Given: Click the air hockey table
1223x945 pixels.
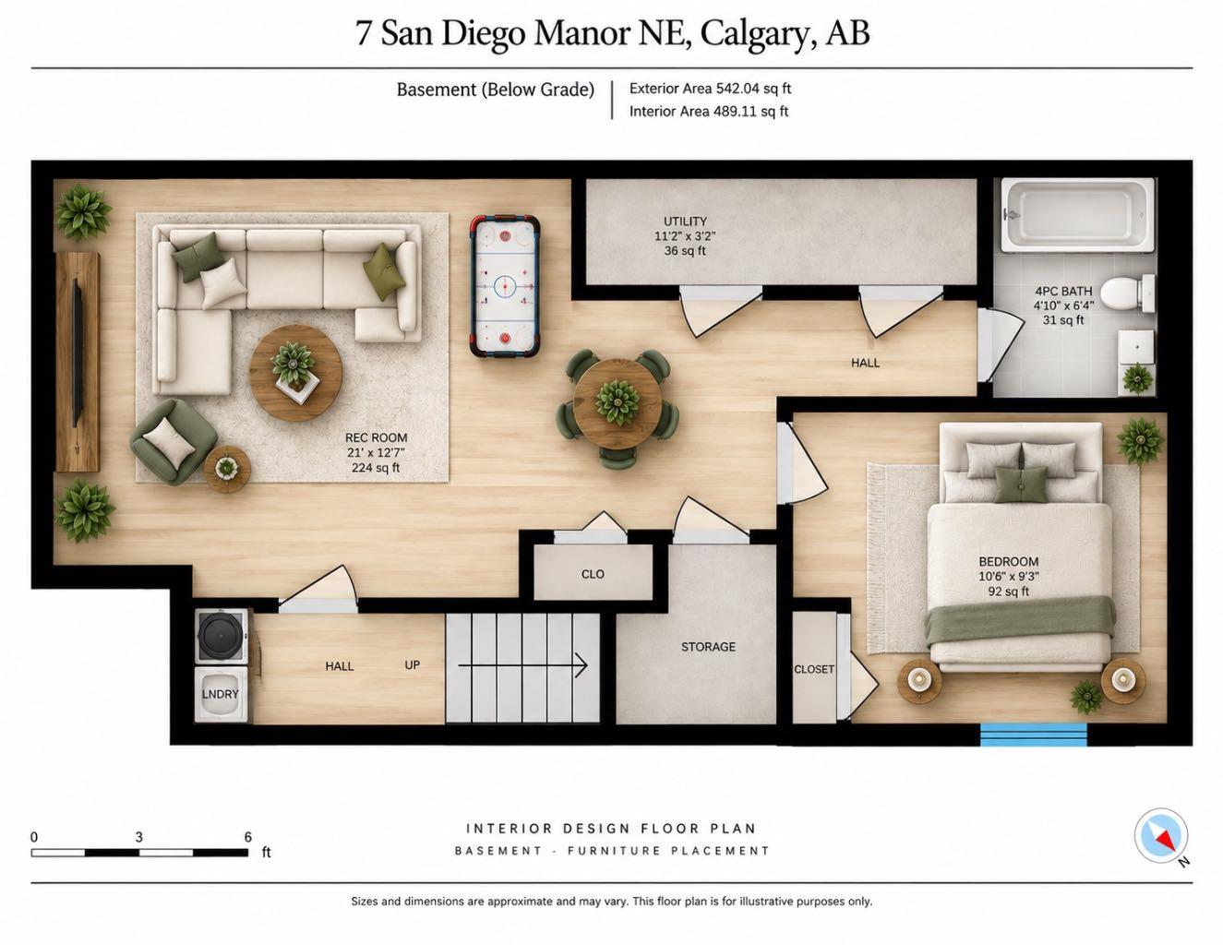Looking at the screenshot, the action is tap(505, 287).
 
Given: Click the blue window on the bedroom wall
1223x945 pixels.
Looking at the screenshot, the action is tap(1034, 735).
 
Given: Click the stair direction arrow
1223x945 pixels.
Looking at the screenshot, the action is tap(522, 665).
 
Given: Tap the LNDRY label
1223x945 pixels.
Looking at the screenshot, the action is tap(220, 694).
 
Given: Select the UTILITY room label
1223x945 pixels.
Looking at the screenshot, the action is tap(685, 221).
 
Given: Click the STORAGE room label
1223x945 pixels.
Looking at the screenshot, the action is tap(708, 647).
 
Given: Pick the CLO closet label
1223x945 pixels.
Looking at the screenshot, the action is tap(593, 574).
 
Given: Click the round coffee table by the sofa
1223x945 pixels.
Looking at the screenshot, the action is tap(295, 373).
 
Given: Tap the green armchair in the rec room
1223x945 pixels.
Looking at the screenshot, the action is tap(174, 442).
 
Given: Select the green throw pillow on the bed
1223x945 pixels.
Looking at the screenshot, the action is tap(1021, 484).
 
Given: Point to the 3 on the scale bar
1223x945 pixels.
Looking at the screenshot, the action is tap(139, 837).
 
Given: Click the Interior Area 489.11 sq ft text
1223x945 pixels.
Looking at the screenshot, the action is tap(709, 112).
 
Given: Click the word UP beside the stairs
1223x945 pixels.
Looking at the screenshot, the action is tap(412, 664).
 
